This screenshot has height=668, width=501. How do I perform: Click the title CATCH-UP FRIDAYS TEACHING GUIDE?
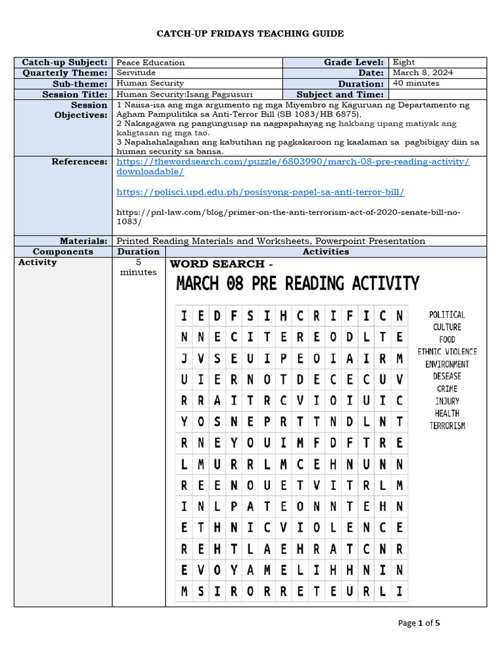pos(250,34)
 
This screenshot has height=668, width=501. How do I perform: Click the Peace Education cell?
pos(150,63)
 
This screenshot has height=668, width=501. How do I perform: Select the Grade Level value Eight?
pos(404,62)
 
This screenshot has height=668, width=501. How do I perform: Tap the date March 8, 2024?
pos(423,72)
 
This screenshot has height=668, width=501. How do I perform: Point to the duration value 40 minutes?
pos(416,83)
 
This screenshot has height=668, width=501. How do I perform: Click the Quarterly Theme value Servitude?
pos(136,72)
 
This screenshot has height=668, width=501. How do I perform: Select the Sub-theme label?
pos(80,84)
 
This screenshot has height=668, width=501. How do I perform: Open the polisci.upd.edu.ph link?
pos(260,192)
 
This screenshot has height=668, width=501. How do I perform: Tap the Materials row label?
pos(83,241)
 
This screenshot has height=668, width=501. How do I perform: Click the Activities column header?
pos(326,251)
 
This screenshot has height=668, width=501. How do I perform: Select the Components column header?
pos(63,251)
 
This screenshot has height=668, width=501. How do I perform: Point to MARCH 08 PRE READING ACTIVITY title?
pos(297,284)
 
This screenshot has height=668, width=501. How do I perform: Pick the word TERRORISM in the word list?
pos(447,426)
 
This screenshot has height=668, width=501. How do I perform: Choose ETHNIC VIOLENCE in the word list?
pos(447,352)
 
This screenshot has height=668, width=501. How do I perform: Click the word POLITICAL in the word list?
pos(447,314)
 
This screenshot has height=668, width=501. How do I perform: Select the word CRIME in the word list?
pos(447,389)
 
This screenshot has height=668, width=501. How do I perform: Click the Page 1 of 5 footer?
pos(419,623)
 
